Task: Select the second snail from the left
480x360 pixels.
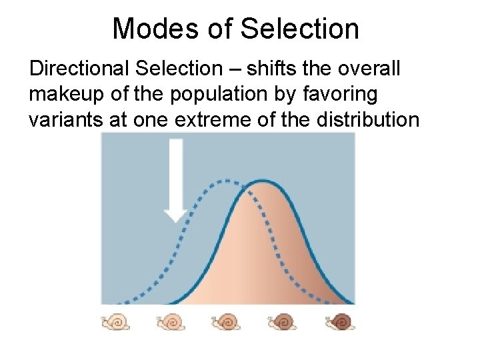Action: pos(171,322)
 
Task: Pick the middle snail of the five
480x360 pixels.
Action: pos(227,322)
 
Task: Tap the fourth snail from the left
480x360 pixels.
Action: pos(283,322)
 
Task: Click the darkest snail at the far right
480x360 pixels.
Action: pos(340,322)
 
